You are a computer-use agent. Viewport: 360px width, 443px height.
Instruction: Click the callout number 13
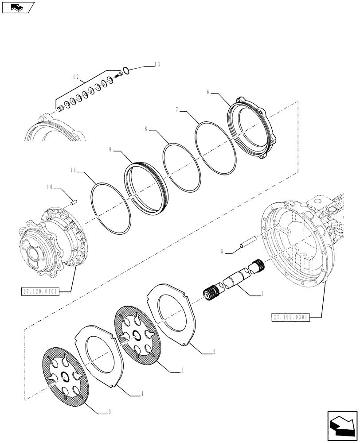click(157, 64)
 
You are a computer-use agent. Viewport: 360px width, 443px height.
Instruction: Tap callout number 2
click(214, 352)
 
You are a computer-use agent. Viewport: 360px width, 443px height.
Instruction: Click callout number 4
click(141, 392)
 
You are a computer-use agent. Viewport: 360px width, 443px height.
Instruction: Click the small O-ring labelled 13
click(126, 70)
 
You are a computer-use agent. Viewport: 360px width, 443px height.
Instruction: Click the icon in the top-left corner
click(18, 7)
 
